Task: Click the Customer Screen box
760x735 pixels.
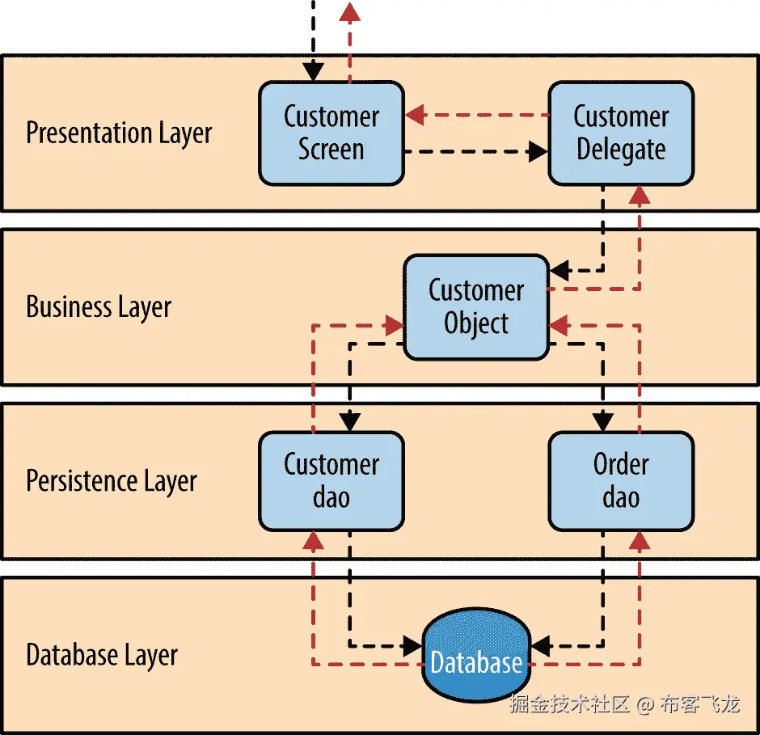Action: click(x=331, y=133)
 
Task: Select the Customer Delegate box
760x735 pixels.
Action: click(x=620, y=133)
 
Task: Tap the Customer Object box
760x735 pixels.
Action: click(x=476, y=307)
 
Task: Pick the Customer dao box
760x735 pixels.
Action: click(x=331, y=481)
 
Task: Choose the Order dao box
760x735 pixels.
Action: click(x=620, y=481)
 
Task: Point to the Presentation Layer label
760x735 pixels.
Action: click(x=119, y=133)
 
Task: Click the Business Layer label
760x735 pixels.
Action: click(x=99, y=307)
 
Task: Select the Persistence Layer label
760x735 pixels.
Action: click(x=112, y=481)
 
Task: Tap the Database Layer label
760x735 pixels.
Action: click(x=102, y=655)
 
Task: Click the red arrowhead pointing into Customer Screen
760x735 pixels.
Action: click(x=416, y=116)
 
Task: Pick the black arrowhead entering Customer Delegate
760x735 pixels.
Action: click(x=538, y=150)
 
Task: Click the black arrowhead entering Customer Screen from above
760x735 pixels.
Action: click(x=314, y=72)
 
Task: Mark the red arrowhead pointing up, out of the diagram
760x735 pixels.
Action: click(x=349, y=11)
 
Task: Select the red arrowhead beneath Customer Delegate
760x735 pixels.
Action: click(x=640, y=194)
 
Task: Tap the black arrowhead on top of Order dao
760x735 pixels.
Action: click(x=602, y=421)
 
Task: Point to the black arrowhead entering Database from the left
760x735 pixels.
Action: click(x=412, y=645)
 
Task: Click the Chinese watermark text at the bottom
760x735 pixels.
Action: click(x=624, y=704)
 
